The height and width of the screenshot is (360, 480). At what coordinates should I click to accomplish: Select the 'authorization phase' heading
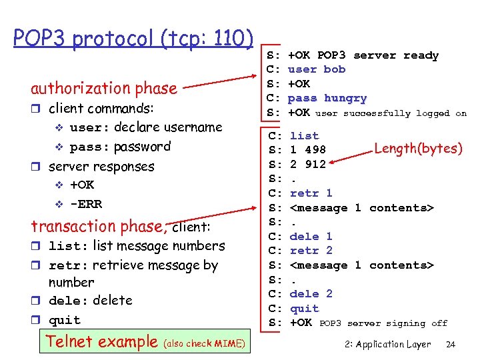(104, 88)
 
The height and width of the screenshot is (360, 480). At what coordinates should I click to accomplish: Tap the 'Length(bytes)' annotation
(418, 148)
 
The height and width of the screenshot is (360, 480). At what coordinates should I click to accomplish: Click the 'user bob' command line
(317, 69)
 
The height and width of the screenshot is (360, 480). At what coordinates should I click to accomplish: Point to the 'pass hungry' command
(327, 98)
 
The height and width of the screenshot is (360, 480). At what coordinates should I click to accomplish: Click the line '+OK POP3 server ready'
(363, 55)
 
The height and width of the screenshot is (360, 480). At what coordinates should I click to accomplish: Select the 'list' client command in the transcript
(305, 136)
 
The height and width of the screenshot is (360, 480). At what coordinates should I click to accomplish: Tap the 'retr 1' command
(311, 193)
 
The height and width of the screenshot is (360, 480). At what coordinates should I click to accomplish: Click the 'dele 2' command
(311, 294)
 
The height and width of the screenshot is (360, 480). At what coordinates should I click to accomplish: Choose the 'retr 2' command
(311, 251)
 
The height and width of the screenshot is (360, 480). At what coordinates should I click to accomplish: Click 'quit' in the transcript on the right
(305, 309)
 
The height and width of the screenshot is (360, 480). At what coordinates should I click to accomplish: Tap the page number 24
(451, 345)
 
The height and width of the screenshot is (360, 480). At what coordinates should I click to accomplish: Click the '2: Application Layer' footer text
(388, 345)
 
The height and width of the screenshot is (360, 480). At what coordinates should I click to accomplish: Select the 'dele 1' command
(311, 237)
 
